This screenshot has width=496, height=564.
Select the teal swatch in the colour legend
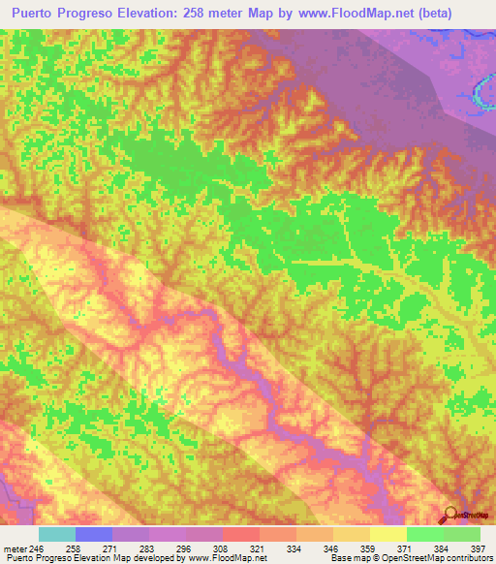coord(57,534)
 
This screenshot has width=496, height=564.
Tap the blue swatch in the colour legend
coord(94,534)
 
